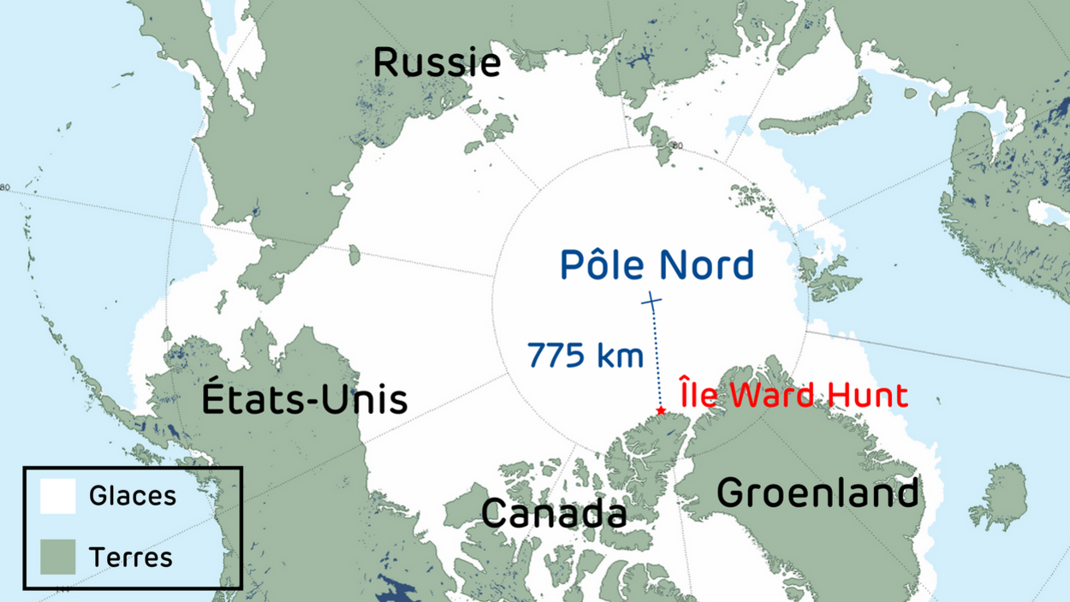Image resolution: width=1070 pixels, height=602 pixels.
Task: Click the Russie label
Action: (437, 63)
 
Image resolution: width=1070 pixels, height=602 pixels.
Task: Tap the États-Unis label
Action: (305, 399)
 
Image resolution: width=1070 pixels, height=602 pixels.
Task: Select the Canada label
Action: (554, 513)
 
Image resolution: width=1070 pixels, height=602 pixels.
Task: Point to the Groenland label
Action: (817, 493)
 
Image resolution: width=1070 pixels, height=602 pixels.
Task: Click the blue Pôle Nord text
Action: (657, 264)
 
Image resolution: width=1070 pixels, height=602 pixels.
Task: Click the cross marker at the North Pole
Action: (652, 301)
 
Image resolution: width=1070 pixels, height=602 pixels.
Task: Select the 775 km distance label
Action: (586, 354)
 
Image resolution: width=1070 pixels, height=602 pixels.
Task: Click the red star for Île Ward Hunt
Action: (661, 411)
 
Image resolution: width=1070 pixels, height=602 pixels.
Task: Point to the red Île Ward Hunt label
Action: (794, 395)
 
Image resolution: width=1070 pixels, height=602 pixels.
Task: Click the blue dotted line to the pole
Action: (657, 359)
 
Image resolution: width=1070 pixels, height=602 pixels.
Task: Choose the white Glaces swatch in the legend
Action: (58, 496)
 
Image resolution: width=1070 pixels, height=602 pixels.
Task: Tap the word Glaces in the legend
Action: (133, 496)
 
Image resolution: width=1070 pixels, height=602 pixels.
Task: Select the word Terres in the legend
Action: (131, 558)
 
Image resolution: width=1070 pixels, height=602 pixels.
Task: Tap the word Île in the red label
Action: (697, 395)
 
